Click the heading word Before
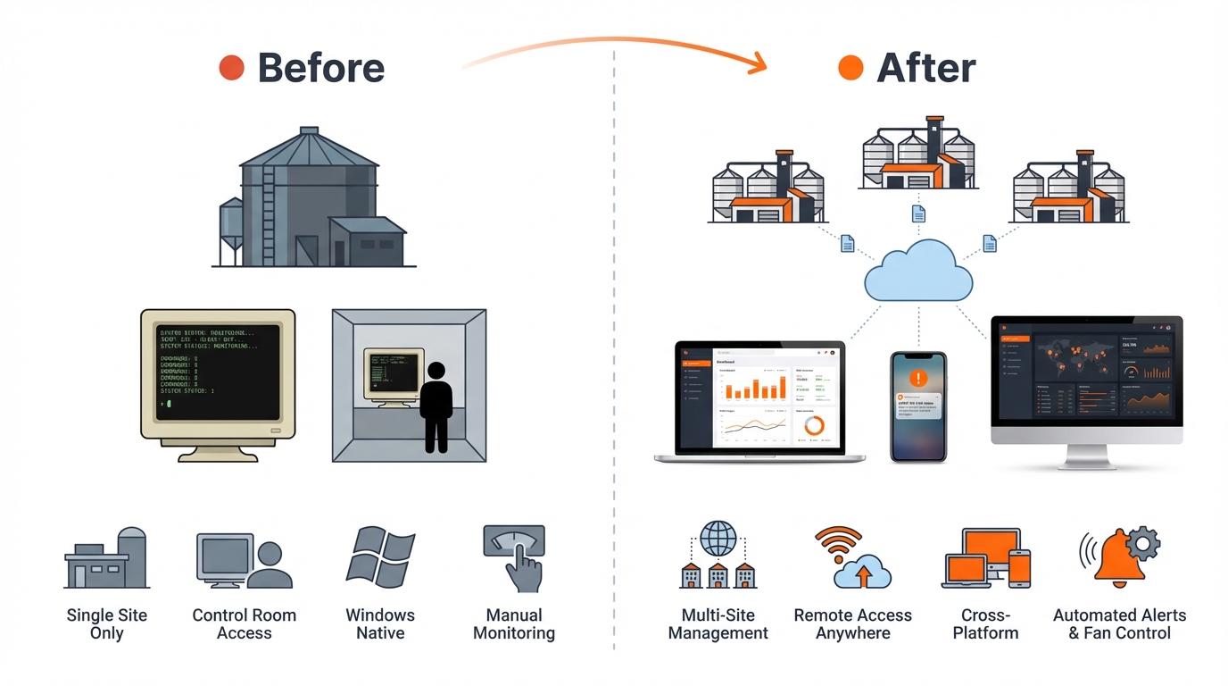pyautogui.click(x=320, y=68)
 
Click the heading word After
pyautogui.click(x=925, y=68)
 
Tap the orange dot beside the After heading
pyautogui.click(x=850, y=68)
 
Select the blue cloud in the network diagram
pyautogui.click(x=917, y=272)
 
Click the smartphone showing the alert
pyautogui.click(x=917, y=406)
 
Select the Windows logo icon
pyautogui.click(x=381, y=558)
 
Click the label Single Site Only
pyautogui.click(x=107, y=624)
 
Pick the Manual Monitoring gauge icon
pyautogui.click(x=514, y=556)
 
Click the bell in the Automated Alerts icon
pyautogui.click(x=1119, y=559)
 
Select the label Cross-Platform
pyautogui.click(x=985, y=624)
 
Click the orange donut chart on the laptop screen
pyautogui.click(x=814, y=425)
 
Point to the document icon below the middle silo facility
pyautogui.click(x=917, y=213)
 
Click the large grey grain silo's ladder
pyautogui.click(x=269, y=214)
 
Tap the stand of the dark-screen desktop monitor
pyautogui.click(x=1086, y=456)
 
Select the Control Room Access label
pyautogui.click(x=244, y=624)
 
